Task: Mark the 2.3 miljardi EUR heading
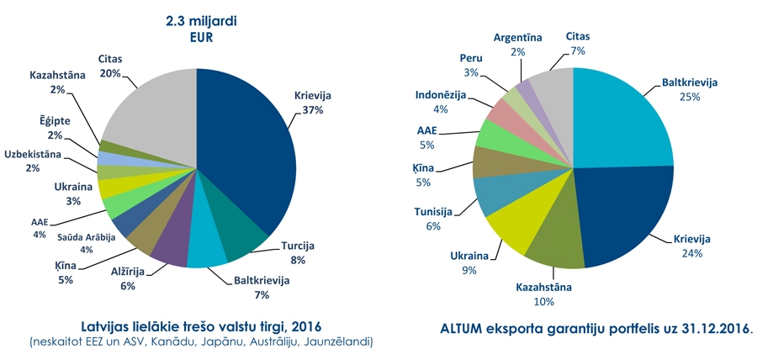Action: pyautogui.click(x=198, y=26)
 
